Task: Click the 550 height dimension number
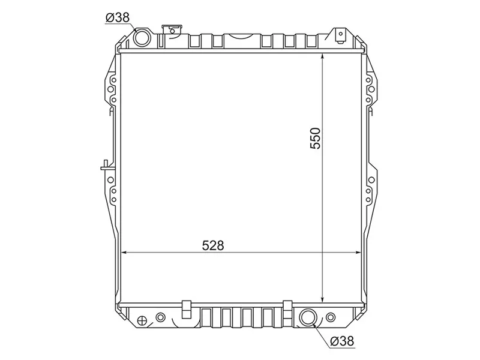tap(316, 138)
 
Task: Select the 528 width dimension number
tap(212, 245)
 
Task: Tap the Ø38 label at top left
tap(118, 18)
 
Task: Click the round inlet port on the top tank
tap(143, 38)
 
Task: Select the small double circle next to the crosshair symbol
tap(160, 317)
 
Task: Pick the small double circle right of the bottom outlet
tap(331, 317)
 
